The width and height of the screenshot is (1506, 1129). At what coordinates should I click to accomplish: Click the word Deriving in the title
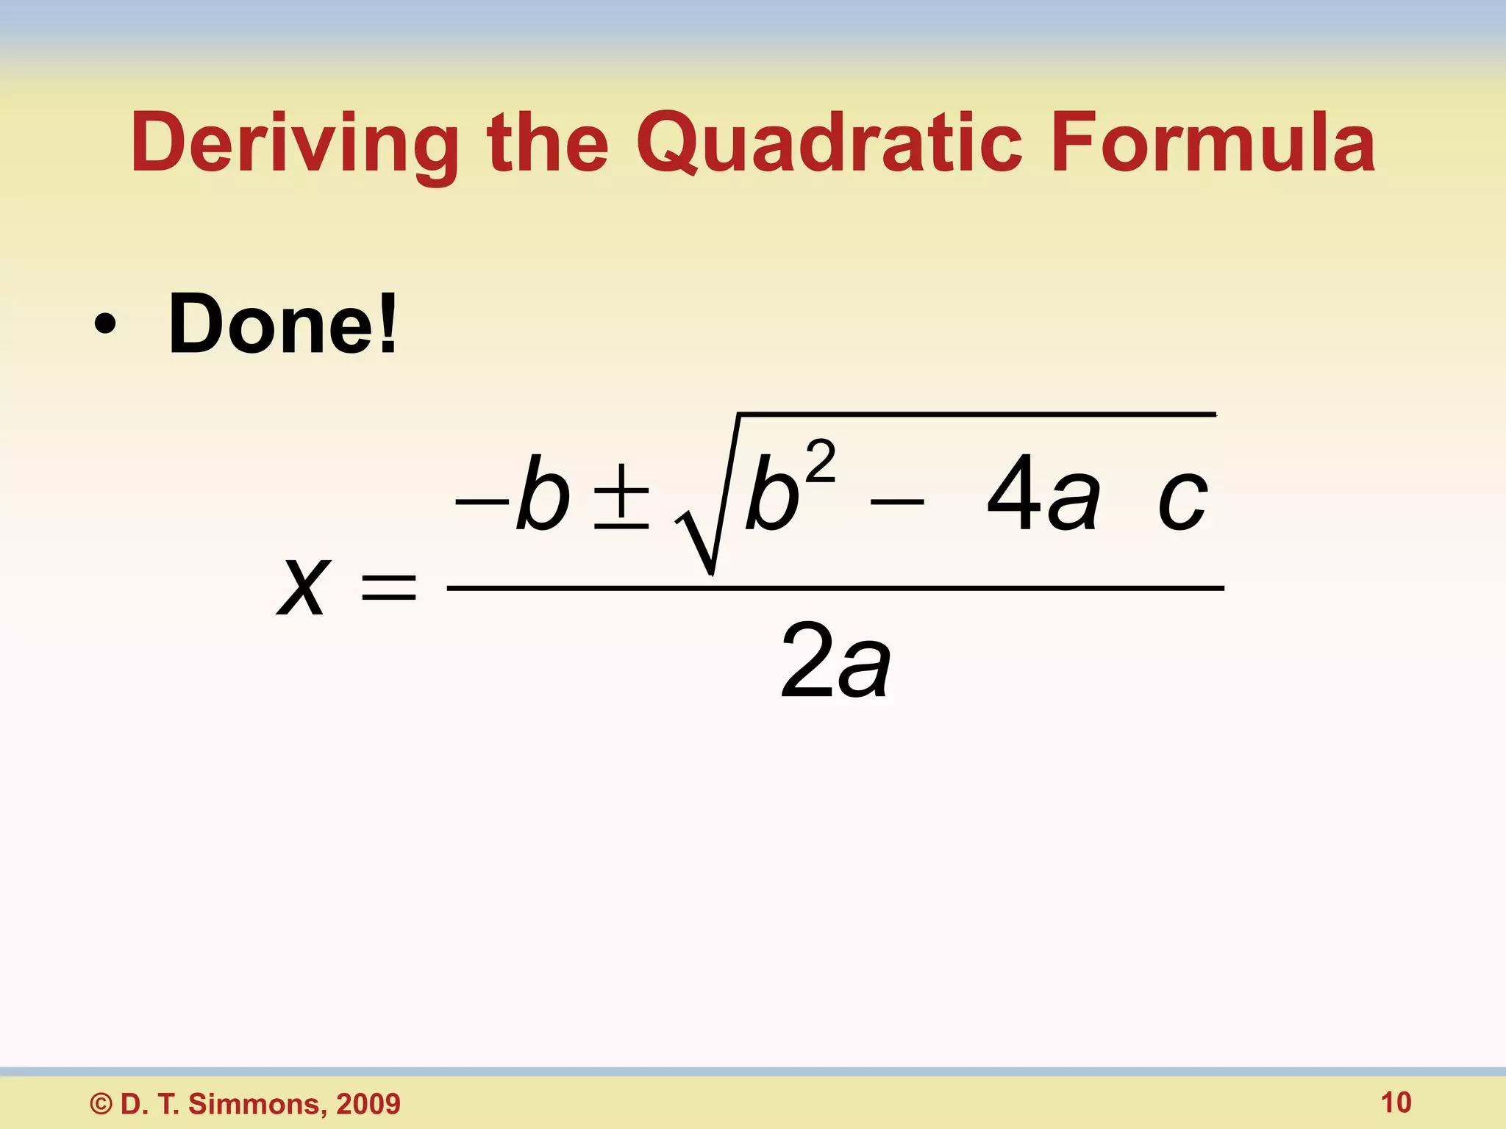tap(294, 143)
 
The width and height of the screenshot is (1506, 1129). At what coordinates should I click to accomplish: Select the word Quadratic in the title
tap(829, 143)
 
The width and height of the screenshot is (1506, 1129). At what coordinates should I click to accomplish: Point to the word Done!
tap(283, 323)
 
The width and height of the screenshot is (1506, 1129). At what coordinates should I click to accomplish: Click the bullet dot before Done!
tap(104, 325)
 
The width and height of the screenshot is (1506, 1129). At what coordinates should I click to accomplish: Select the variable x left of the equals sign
tap(302, 586)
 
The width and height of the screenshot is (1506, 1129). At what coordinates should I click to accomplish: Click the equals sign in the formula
tap(389, 587)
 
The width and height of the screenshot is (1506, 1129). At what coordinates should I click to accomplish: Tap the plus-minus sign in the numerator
tap(622, 497)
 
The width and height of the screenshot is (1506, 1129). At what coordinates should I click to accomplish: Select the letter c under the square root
tap(1182, 500)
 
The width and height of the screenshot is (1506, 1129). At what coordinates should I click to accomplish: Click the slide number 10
tap(1396, 1103)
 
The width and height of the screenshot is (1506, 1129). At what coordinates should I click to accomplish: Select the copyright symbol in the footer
tap(101, 1104)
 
